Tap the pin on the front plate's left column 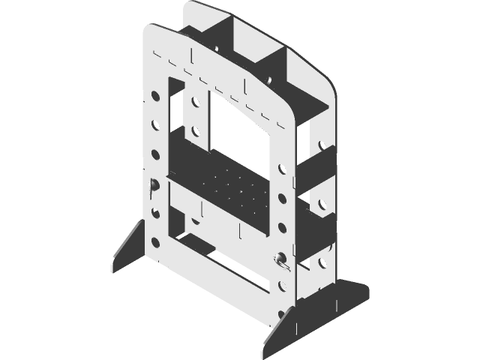(x=152, y=185)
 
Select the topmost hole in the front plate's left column (x=155, y=97)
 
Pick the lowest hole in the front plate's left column (x=155, y=242)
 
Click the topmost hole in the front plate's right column (x=282, y=169)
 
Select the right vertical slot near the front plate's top (x=245, y=81)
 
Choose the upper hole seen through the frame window (x=195, y=101)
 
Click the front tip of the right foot (x=268, y=350)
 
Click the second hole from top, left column (x=155, y=125)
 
